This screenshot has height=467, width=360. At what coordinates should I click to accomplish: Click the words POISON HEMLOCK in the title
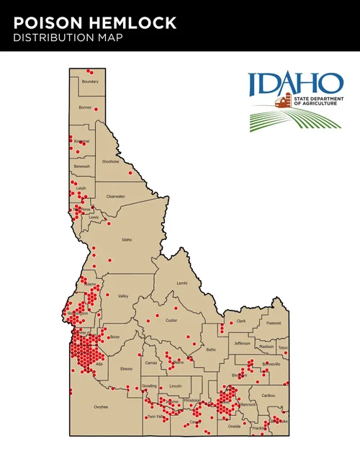(x=94, y=23)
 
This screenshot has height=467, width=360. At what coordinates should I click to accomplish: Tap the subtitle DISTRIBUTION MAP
(x=67, y=38)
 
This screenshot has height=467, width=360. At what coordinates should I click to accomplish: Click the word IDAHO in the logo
(x=296, y=84)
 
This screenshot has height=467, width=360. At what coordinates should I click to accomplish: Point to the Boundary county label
(x=90, y=81)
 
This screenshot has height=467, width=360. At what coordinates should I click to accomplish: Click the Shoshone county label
(x=110, y=161)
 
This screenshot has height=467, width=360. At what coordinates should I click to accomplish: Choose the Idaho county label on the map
(x=127, y=239)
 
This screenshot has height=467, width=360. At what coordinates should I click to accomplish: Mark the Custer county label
(x=171, y=320)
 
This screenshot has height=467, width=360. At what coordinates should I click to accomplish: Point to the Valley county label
(x=122, y=296)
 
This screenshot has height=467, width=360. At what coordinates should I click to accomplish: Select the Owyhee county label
(x=100, y=407)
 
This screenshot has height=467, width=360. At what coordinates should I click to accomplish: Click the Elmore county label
(x=127, y=369)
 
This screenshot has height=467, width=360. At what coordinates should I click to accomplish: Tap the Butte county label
(x=210, y=350)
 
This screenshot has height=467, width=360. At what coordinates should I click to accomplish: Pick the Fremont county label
(x=274, y=324)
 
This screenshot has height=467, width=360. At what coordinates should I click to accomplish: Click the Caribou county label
(x=269, y=396)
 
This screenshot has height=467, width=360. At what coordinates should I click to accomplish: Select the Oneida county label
(x=234, y=426)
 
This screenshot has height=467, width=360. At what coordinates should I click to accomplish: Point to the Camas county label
(x=151, y=363)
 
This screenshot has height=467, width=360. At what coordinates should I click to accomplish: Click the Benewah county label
(x=82, y=166)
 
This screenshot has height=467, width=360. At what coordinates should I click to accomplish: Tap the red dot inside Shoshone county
(x=130, y=173)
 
